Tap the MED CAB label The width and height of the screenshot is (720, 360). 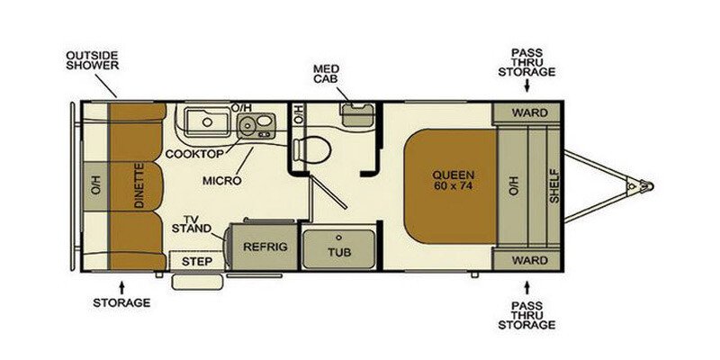[325, 74]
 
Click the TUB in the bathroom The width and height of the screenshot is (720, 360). [338, 250]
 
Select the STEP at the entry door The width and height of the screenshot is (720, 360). [196, 261]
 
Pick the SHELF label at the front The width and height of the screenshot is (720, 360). [554, 185]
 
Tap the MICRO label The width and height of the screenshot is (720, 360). [220, 180]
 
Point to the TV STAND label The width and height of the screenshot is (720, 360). [190, 224]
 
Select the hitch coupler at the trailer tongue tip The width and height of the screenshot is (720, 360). [644, 186]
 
